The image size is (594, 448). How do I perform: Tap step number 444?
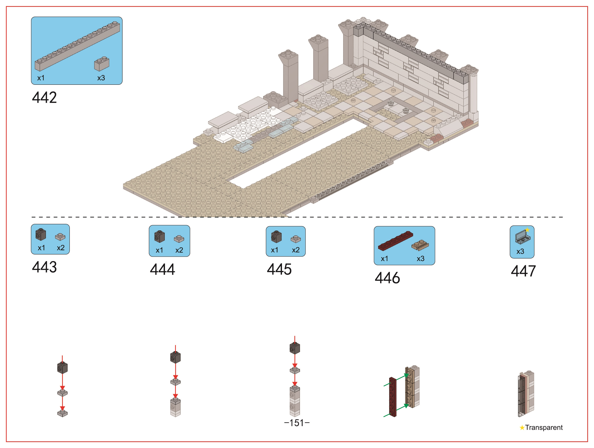(x=162, y=269)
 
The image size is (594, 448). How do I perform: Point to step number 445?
(x=279, y=269)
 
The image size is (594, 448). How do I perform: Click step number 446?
(x=387, y=278)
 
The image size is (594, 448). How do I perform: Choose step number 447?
(x=523, y=271)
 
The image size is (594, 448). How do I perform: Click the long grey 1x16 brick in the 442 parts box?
(x=77, y=46)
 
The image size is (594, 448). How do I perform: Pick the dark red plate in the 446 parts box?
(x=396, y=240)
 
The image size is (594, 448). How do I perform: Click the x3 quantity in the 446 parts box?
(x=420, y=258)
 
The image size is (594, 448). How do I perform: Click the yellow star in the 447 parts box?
(x=527, y=230)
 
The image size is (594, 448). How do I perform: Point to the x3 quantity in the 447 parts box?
(x=520, y=251)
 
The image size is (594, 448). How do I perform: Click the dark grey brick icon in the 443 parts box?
(x=41, y=234)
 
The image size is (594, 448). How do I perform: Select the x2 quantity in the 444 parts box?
(x=179, y=250)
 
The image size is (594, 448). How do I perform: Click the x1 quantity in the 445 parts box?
(x=274, y=250)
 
